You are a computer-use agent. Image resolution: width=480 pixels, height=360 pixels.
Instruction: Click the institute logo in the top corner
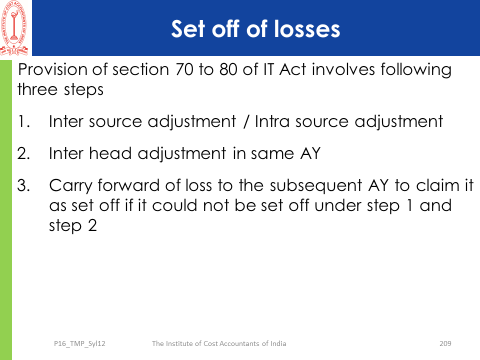(14, 28)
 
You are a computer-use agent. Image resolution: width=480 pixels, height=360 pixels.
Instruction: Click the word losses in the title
(307, 29)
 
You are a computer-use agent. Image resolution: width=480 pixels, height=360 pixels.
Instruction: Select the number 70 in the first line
(184, 69)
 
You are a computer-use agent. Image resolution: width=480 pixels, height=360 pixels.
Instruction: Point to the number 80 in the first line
(228, 69)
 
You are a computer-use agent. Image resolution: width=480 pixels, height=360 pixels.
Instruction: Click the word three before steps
(37, 89)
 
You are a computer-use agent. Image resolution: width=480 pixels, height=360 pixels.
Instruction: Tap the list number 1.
(24, 121)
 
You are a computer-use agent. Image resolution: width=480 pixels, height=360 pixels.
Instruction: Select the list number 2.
(23, 153)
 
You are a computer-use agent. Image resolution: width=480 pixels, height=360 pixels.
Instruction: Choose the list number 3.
(23, 185)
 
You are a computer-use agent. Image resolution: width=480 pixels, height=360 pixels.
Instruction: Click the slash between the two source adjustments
(245, 122)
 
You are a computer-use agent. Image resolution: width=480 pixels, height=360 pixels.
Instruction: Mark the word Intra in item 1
(272, 121)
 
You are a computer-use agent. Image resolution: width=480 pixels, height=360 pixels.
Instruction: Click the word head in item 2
(110, 153)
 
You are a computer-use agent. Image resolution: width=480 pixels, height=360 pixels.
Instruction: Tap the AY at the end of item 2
(310, 153)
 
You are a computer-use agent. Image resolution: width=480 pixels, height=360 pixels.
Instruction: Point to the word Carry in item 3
(70, 186)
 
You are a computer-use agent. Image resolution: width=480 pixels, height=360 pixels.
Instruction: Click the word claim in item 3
(438, 185)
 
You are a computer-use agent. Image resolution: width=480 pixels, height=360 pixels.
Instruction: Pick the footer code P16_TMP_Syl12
(79, 344)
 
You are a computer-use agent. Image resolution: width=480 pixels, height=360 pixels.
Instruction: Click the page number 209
(445, 343)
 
